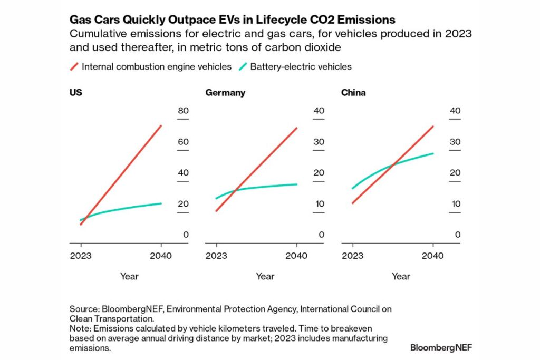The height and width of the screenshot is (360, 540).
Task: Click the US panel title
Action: [x=75, y=93]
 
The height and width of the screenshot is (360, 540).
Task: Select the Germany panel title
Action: [x=225, y=93]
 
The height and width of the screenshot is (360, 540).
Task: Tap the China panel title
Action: [x=353, y=93]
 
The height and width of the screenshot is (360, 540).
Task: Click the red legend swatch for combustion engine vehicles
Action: [x=74, y=66]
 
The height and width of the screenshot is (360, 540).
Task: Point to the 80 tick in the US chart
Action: [x=182, y=111]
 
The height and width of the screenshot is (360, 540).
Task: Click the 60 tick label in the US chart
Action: [x=182, y=142]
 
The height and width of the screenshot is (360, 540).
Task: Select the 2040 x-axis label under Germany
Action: [x=297, y=256]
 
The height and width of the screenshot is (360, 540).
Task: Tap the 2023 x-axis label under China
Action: [x=352, y=256]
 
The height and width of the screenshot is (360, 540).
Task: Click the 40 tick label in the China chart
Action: [x=455, y=111]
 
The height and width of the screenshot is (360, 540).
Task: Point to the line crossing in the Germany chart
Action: [x=235, y=190]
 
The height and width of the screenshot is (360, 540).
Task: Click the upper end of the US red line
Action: [x=161, y=126]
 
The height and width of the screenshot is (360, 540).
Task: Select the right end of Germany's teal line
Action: [x=297, y=184]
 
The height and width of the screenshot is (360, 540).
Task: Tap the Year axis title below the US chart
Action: [x=129, y=276]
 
